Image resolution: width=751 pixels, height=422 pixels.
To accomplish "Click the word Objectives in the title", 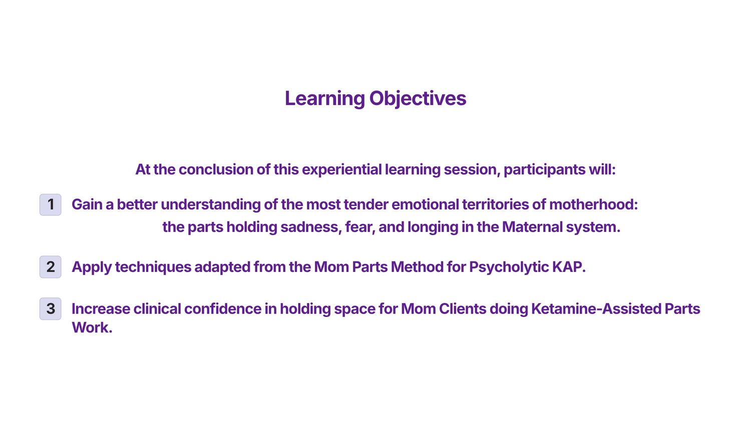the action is tap(418, 98).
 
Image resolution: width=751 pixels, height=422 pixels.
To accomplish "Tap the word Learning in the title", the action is tap(325, 98).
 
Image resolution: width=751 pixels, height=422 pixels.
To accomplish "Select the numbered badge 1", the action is tap(50, 204).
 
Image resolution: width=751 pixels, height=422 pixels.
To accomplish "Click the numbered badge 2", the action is tap(50, 267).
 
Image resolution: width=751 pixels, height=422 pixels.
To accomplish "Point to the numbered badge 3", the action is tap(50, 309).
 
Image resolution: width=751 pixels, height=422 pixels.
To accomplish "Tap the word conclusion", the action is tap(216, 169).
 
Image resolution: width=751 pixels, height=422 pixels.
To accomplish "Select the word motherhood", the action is tap(593, 204).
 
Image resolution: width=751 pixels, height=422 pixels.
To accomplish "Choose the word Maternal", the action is tap(532, 227).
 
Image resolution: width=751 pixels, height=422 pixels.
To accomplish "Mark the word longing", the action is tap(433, 227).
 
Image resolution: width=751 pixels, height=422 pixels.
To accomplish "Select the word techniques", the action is tap(153, 267).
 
